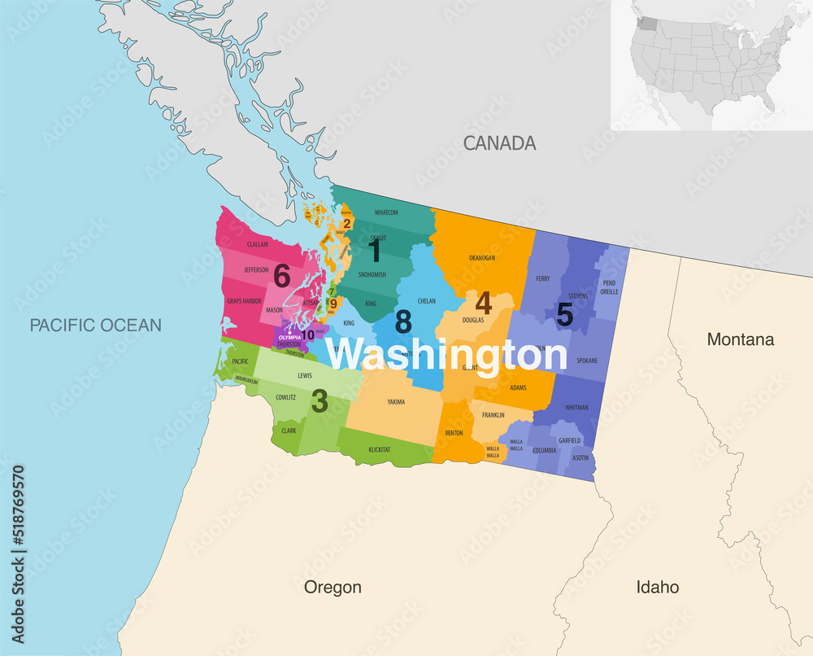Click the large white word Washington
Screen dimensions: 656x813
[x=446, y=356]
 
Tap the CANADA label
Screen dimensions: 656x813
[x=499, y=143]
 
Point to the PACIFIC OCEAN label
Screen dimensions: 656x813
[x=96, y=326]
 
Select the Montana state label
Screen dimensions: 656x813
[x=740, y=339]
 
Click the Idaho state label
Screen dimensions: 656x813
[x=658, y=587]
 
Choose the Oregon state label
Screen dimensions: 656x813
[x=333, y=587]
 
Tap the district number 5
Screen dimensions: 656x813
[x=564, y=314]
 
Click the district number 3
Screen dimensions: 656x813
[x=320, y=400]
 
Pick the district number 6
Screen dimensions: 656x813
[x=281, y=277]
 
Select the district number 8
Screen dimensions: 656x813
[x=402, y=322]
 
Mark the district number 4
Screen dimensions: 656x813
[x=483, y=304]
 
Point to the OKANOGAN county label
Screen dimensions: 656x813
[x=481, y=258]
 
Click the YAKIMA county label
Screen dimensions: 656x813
[x=396, y=402]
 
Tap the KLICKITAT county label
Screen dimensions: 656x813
[x=380, y=449]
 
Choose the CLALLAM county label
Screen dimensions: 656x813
[x=257, y=244]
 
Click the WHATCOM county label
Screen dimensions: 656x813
[x=386, y=213]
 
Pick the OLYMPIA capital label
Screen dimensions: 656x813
[x=289, y=337]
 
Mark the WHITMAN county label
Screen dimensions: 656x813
[x=576, y=407]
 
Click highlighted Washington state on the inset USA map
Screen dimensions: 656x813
[x=645, y=21]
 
